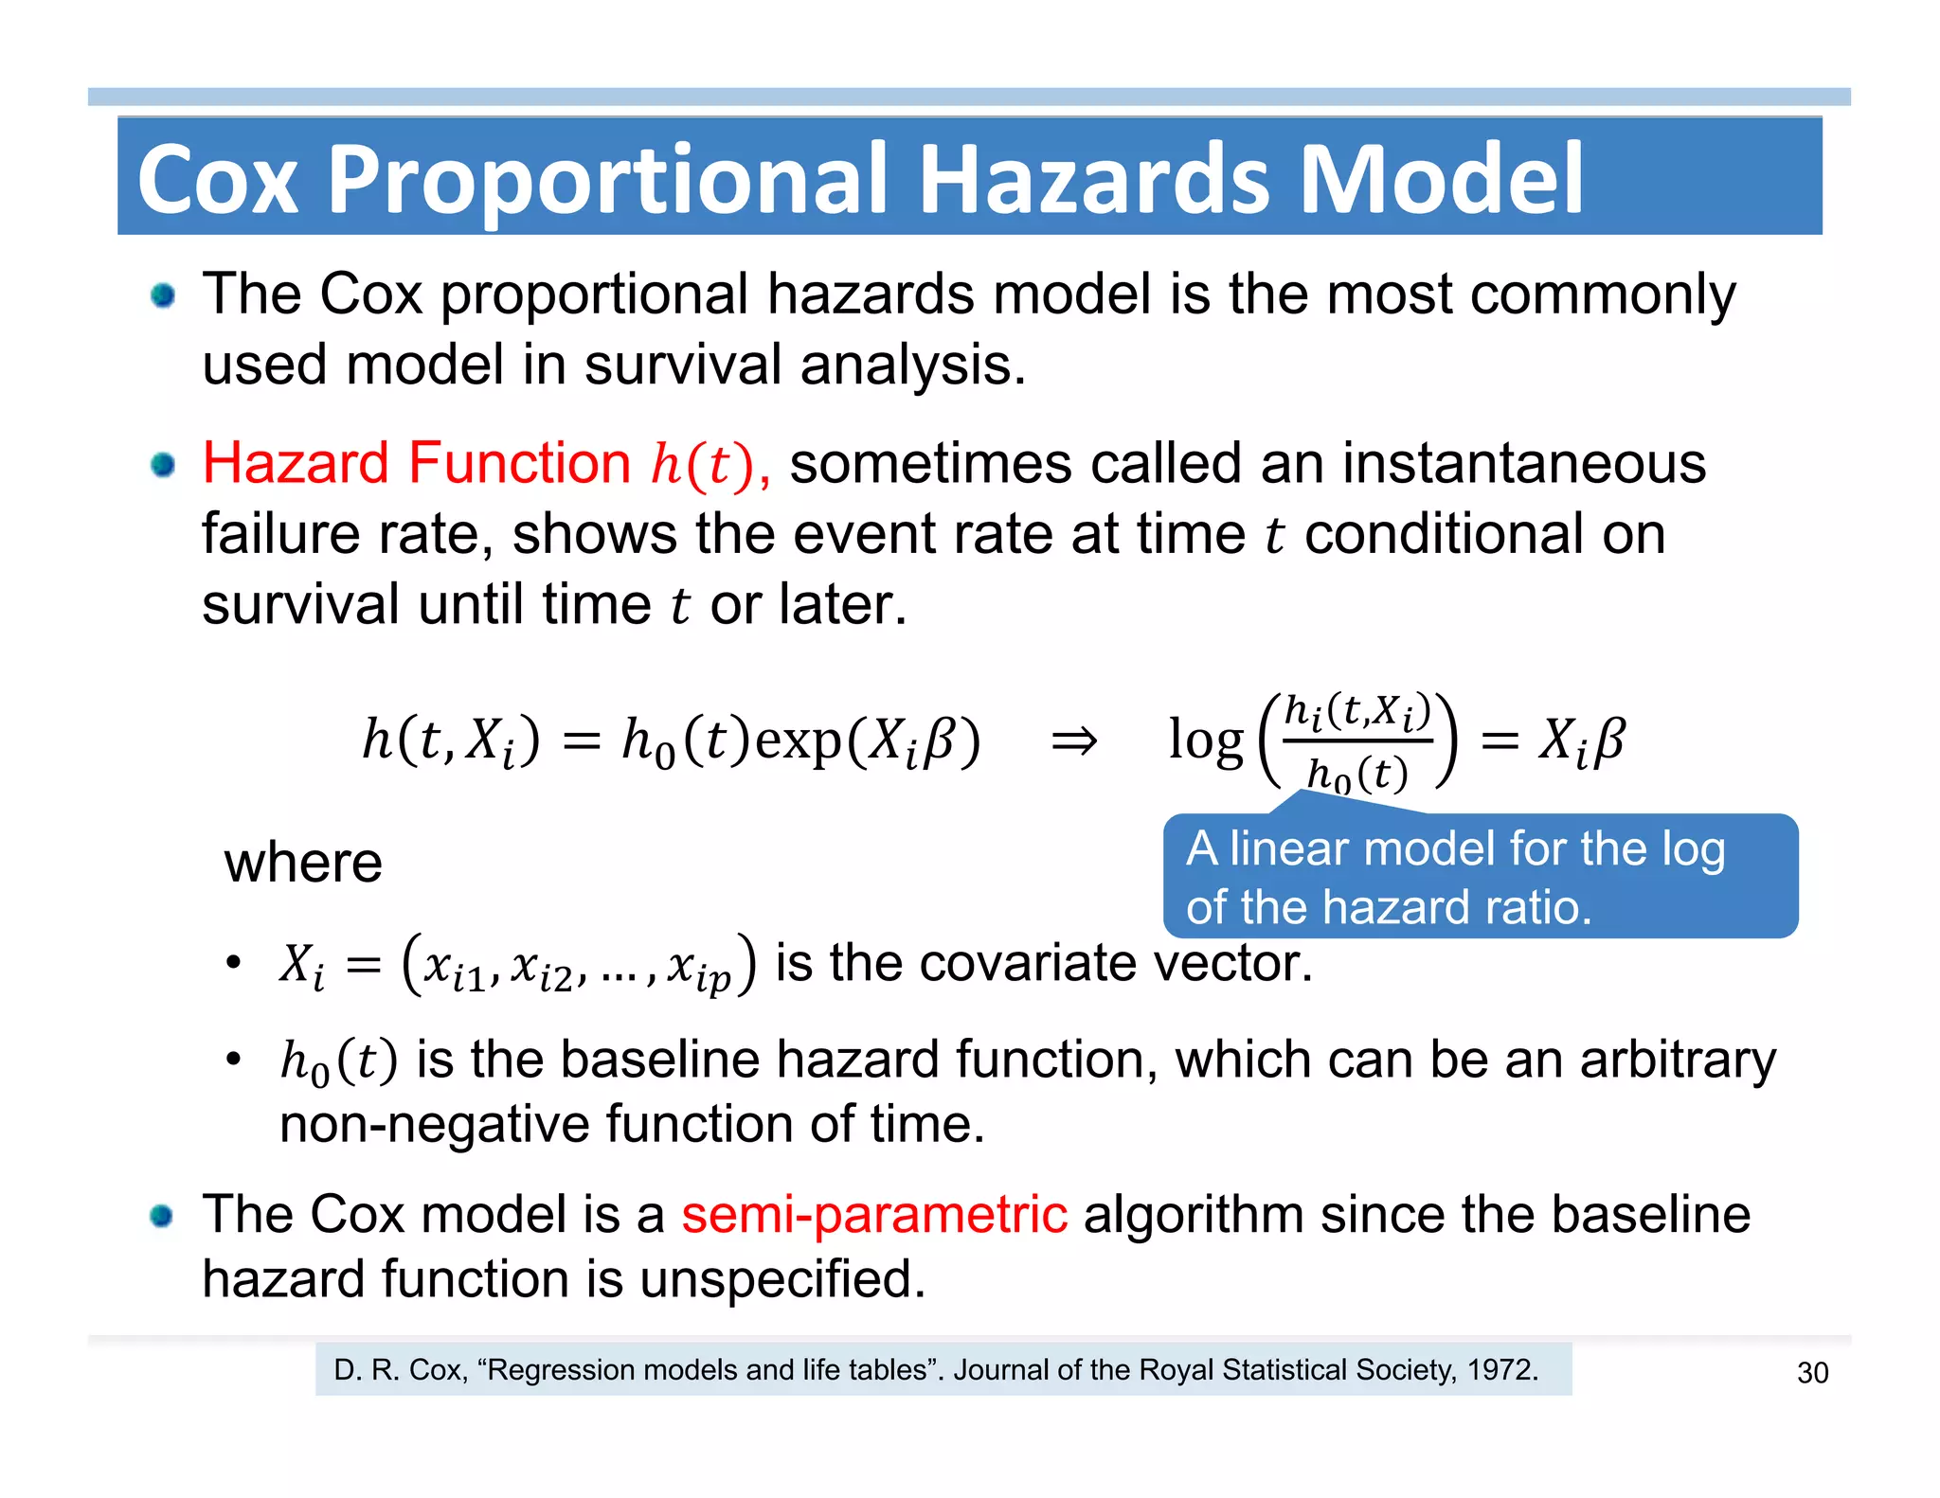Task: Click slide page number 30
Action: click(x=1812, y=1372)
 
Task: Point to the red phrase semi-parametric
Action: click(x=873, y=1214)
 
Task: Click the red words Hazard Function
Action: click(x=416, y=463)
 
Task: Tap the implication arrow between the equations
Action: click(x=1074, y=740)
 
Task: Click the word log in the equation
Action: click(x=1205, y=740)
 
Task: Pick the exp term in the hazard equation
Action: click(x=798, y=740)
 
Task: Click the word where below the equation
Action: click(x=303, y=863)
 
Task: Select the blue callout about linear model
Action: click(x=1480, y=876)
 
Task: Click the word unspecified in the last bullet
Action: click(x=781, y=1278)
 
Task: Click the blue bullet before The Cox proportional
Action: click(x=163, y=295)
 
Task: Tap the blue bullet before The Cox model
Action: click(x=162, y=1216)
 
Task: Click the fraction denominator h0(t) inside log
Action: click(x=1356, y=775)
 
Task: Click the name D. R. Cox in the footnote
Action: click(x=400, y=1369)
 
